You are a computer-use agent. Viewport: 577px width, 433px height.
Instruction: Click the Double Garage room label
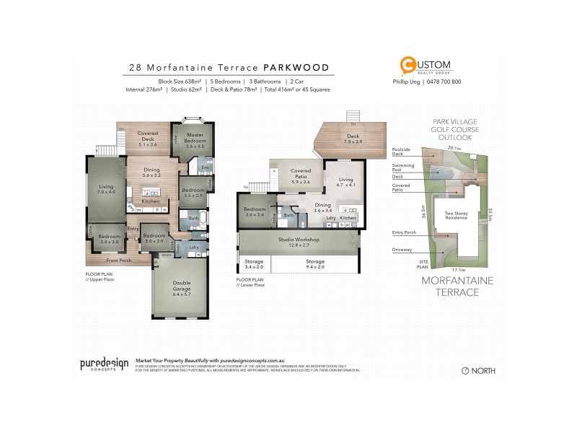pos(182,288)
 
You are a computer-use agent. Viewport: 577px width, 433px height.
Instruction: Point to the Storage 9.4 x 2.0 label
pos(314,266)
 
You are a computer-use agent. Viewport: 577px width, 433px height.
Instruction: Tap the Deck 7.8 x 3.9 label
pos(353,139)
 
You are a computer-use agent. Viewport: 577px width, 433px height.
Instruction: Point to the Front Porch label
pos(119,260)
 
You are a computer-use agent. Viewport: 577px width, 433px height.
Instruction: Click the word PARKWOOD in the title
pos(298,68)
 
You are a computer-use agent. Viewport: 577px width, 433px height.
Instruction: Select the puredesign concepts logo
pos(102,364)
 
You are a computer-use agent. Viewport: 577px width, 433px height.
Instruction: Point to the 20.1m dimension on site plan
pos(453,146)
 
